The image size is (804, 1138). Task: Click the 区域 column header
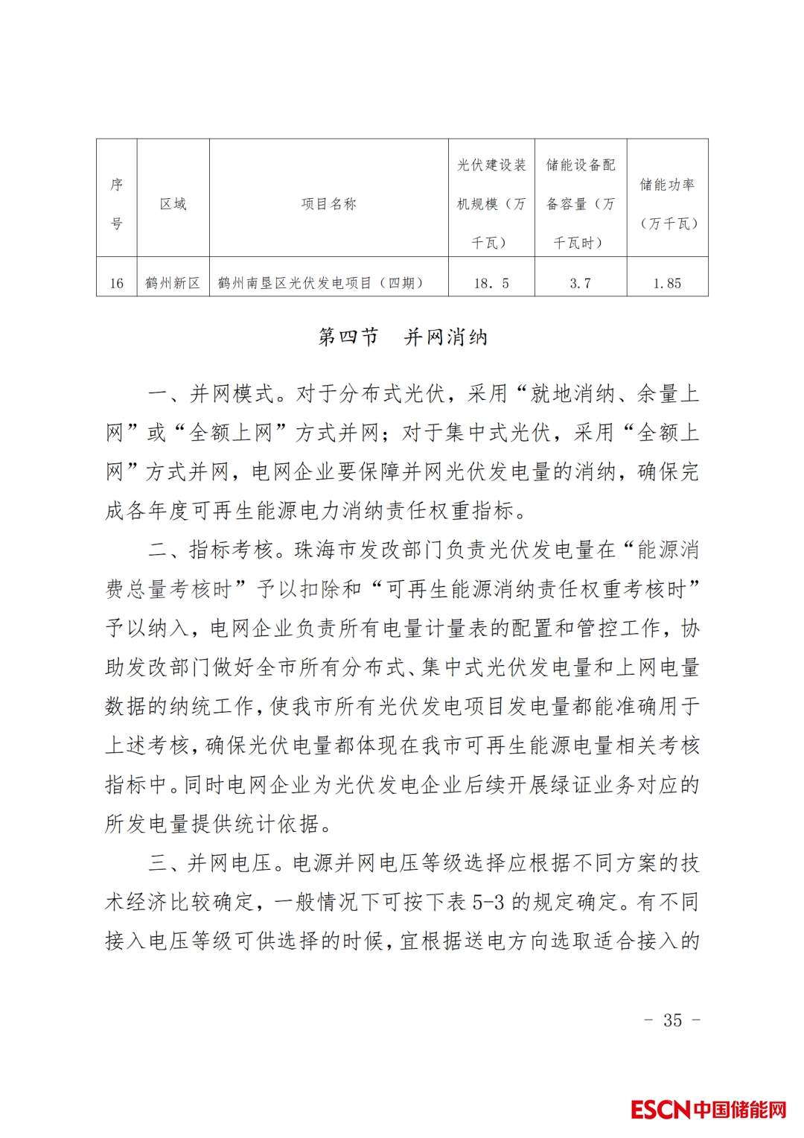[173, 204]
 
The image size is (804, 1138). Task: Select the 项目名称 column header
[328, 204]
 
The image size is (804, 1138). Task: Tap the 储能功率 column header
[667, 203]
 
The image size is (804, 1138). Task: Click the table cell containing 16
[116, 284]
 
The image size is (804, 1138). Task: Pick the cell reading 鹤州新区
[173, 284]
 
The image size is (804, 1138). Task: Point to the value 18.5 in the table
[491, 284]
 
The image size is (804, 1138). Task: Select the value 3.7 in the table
[580, 284]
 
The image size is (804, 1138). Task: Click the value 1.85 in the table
[667, 284]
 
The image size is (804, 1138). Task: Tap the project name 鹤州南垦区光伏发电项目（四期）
[321, 284]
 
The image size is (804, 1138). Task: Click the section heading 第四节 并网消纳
[402, 337]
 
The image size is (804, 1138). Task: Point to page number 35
[672, 1020]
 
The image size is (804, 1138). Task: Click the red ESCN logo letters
[660, 1110]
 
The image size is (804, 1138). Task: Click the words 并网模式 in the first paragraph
[232, 394]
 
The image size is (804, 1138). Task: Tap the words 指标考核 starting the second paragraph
[232, 550]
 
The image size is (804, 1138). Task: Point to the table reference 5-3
[488, 903]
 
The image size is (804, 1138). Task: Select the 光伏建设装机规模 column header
[491, 203]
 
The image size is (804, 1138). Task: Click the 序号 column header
[116, 203]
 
